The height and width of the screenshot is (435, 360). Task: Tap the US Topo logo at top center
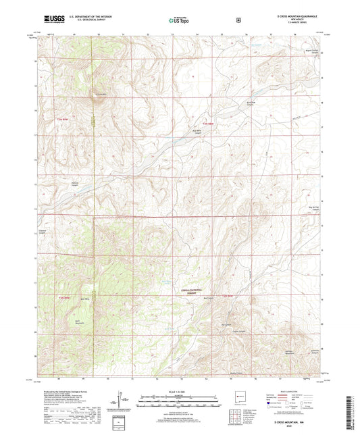[179, 21]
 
